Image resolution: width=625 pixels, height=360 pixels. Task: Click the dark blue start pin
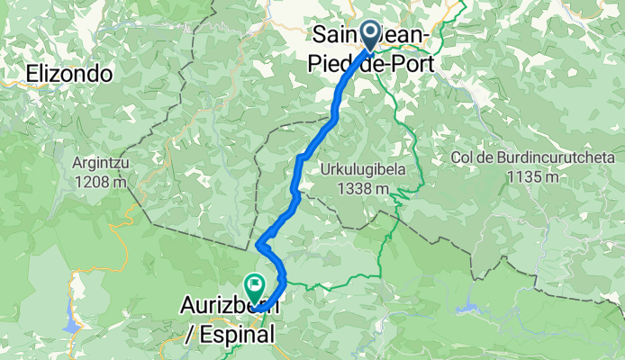(370, 35)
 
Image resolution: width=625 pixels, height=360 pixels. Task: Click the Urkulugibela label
(356, 169)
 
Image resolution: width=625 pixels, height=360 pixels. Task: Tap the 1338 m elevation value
(357, 188)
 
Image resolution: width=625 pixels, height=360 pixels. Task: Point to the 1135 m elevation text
(526, 176)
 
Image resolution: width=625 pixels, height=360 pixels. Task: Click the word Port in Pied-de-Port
(411, 65)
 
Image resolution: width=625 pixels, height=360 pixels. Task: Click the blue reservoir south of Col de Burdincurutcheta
(468, 309)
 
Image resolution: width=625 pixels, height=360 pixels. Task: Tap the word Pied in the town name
(331, 65)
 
